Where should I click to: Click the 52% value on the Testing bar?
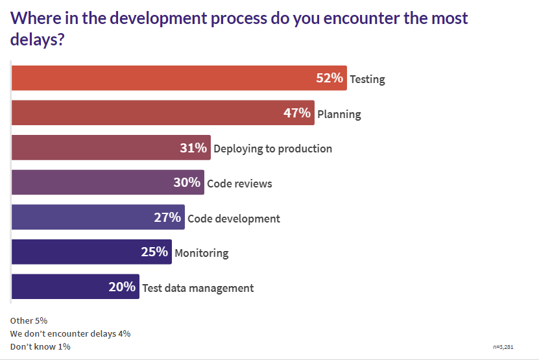pyautogui.click(x=329, y=78)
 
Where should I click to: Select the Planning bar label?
pyautogui.click(x=339, y=114)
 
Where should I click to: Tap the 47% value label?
pyautogui.click(x=297, y=114)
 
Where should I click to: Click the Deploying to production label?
pyautogui.click(x=272, y=149)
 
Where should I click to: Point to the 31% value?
pyautogui.click(x=193, y=148)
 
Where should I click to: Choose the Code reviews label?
pyautogui.click(x=239, y=184)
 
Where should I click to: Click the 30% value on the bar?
pyautogui.click(x=187, y=183)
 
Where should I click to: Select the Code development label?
pyautogui.click(x=234, y=219)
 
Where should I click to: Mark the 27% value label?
pyautogui.click(x=167, y=218)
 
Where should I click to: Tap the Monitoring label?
pyautogui.click(x=201, y=253)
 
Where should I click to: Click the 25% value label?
pyautogui.click(x=154, y=252)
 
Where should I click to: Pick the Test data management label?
pyautogui.click(x=198, y=288)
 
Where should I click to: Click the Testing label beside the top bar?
pyautogui.click(x=367, y=80)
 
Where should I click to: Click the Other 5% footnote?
pyautogui.click(x=29, y=320)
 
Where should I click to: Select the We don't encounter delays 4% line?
pyautogui.click(x=71, y=333)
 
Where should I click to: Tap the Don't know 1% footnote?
pyautogui.click(x=40, y=346)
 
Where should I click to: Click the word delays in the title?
pyautogui.click(x=37, y=40)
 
